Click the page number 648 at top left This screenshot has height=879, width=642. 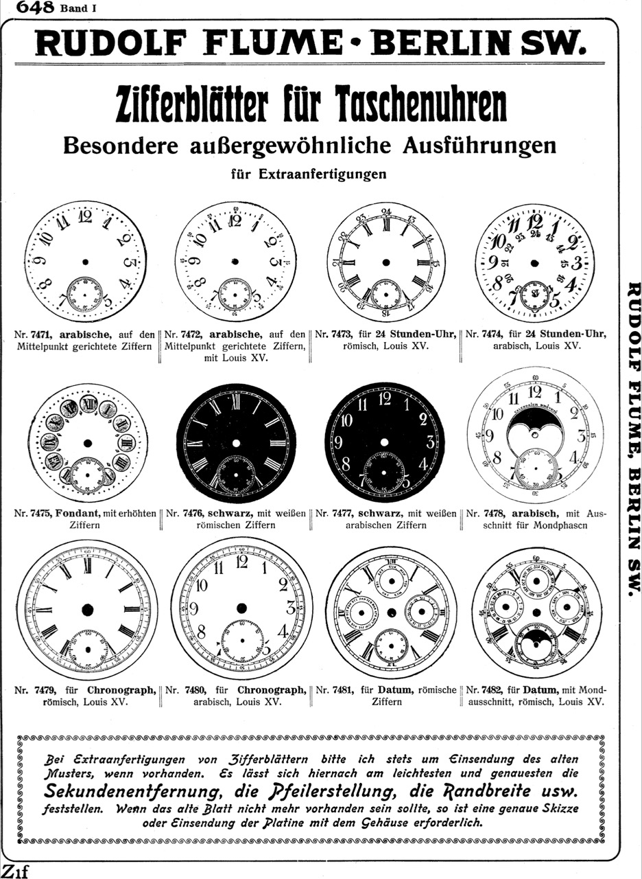[33, 8]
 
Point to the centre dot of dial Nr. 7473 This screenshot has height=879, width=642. [385, 262]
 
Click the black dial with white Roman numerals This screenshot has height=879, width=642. [237, 444]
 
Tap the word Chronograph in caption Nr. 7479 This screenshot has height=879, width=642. [121, 690]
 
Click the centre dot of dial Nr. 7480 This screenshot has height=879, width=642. [241, 608]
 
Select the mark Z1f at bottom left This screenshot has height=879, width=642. [14, 871]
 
